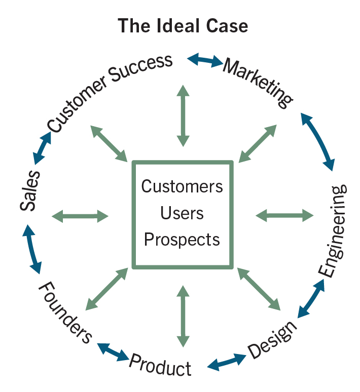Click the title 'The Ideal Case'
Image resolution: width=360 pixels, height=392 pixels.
(x=183, y=25)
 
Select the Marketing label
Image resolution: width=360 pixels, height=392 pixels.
(x=258, y=83)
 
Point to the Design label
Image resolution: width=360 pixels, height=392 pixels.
(x=272, y=339)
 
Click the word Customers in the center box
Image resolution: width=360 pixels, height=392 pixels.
(x=182, y=186)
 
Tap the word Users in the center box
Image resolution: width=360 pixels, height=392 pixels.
(x=182, y=213)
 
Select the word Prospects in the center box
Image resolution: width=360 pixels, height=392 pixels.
(x=182, y=239)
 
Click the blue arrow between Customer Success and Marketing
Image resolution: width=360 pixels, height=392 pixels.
(x=205, y=61)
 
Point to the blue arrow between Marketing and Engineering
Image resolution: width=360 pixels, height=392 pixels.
(x=318, y=141)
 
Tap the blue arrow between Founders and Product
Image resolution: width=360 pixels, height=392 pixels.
(x=113, y=352)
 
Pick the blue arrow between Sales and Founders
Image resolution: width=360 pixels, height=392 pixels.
(x=31, y=250)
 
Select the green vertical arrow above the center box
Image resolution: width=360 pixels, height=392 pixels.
(x=183, y=116)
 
